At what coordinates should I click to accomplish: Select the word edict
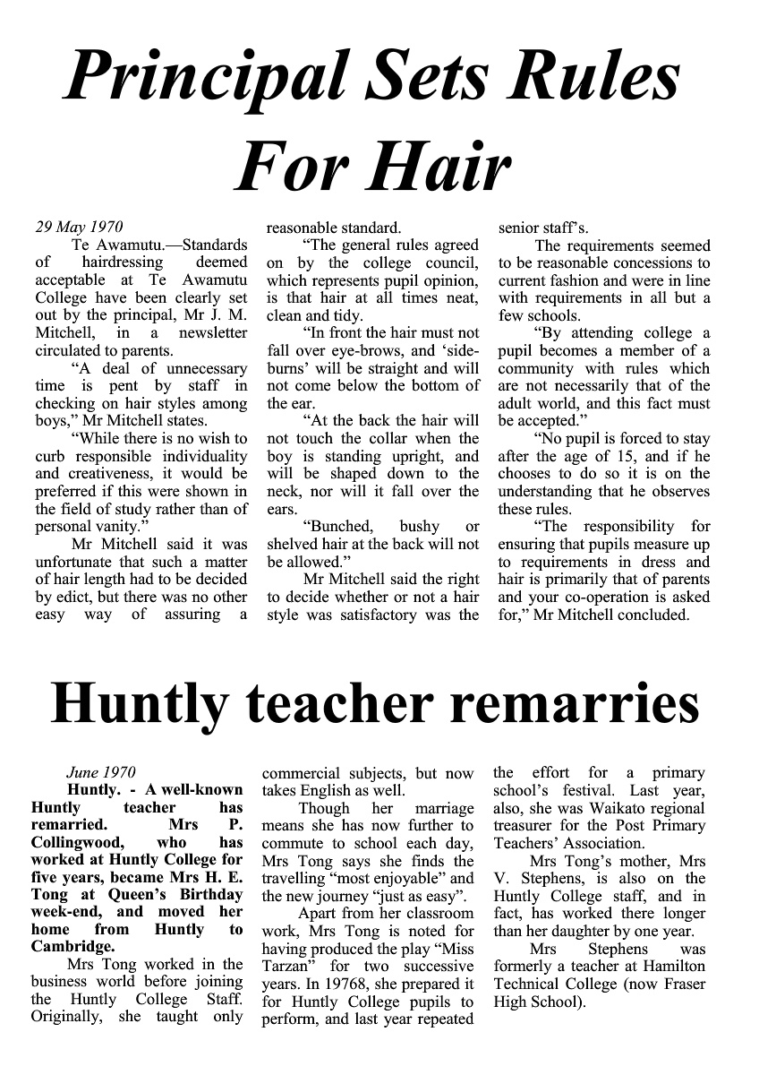[79, 596]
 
